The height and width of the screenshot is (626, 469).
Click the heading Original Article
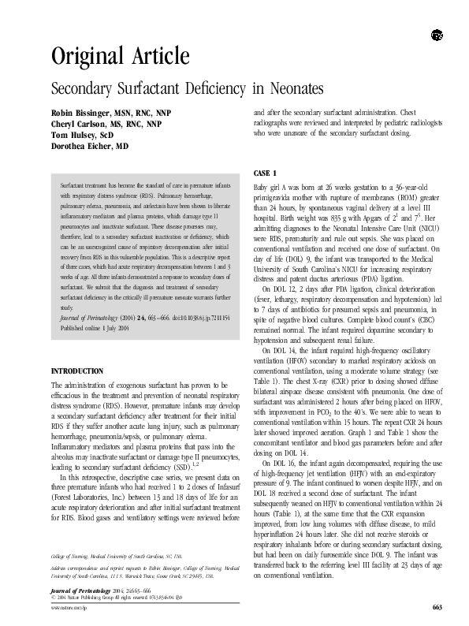point(120,56)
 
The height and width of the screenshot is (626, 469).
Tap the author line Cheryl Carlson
point(106,125)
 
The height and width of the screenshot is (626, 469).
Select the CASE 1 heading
point(265,172)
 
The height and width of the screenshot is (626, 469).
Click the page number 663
point(437,606)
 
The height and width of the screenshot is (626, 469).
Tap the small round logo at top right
point(437,35)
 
